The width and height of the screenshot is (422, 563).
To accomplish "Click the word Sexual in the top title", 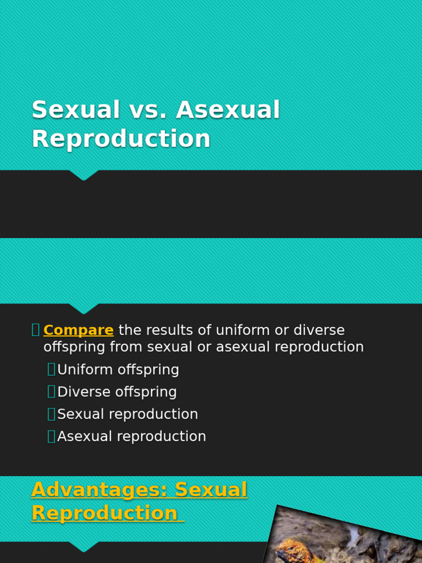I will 76,110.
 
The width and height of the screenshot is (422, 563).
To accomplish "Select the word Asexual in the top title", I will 228,110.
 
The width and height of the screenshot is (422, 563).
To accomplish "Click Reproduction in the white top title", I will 121,139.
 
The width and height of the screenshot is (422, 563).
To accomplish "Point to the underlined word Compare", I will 78,330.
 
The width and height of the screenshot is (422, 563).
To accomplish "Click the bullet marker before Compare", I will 36,330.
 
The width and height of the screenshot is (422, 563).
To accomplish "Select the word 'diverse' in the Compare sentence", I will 319,330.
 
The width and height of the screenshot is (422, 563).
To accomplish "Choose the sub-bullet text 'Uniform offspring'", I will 118,369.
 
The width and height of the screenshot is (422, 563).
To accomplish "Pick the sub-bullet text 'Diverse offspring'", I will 117,392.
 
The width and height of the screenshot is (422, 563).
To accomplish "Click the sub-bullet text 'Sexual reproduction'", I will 127,414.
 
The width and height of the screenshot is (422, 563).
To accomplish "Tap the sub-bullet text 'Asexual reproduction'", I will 132,436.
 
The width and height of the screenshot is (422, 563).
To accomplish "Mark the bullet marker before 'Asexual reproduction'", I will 51,437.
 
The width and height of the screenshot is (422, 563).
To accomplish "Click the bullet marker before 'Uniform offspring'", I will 51,369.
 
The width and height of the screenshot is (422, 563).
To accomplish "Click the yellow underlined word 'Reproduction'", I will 104,513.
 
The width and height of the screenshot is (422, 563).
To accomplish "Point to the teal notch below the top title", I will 84,175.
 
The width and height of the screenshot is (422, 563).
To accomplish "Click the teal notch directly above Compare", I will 84,308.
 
